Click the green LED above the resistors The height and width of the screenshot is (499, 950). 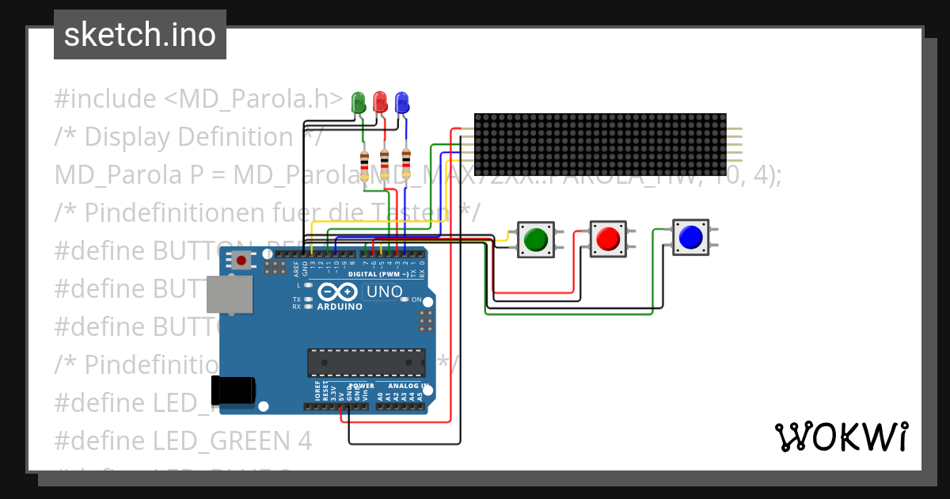pos(359,102)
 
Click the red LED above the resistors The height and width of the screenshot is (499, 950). pos(380,102)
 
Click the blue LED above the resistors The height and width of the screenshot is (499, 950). pos(401,102)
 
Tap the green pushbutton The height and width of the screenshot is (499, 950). pos(536,238)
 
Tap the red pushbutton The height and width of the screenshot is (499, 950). pos(608,238)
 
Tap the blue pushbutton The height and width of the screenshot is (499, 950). pos(690,236)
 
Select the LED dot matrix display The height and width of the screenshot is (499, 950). pos(600,144)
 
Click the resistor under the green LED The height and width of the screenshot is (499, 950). pos(364,167)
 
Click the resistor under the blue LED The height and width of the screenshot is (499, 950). pos(406,164)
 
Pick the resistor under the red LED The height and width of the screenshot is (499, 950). pos(385,166)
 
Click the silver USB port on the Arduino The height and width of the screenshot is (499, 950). pos(228,294)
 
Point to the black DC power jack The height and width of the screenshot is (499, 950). pos(233,390)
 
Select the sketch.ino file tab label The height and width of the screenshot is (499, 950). pos(140,35)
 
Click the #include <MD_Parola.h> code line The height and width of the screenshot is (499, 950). pos(198,99)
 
